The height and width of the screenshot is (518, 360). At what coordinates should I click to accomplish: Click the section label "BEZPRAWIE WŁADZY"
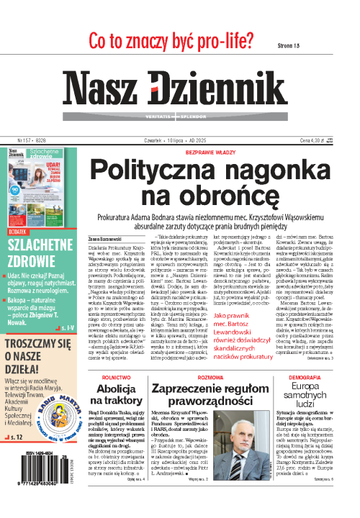213,153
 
